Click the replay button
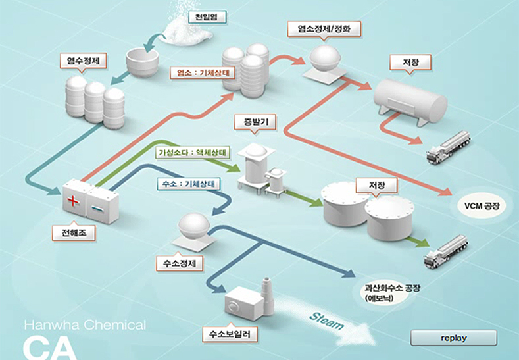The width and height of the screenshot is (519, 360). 453,338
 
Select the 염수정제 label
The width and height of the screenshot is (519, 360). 83,61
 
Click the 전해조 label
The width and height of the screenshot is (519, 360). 73,232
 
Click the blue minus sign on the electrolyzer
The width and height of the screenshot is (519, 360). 97,209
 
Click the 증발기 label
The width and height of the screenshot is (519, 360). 253,122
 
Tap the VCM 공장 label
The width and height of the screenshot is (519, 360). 482,206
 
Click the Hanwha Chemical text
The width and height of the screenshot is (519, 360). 85,325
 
